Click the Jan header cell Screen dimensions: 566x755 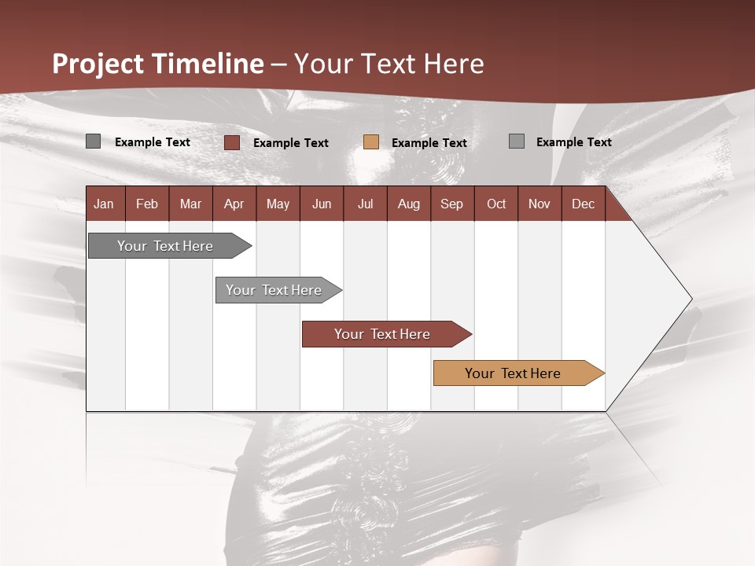pyautogui.click(x=105, y=204)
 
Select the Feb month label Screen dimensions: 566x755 pyautogui.click(x=147, y=204)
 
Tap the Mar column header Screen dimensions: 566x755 pyautogui.click(x=190, y=204)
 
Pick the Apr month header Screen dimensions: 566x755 pyautogui.click(x=234, y=204)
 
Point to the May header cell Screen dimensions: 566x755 pyautogui.click(x=278, y=204)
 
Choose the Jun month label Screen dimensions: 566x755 pyautogui.click(x=322, y=204)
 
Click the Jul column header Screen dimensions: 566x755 pyautogui.click(x=365, y=204)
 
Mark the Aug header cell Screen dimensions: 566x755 pyautogui.click(x=409, y=204)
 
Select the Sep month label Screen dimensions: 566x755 pyautogui.click(x=452, y=204)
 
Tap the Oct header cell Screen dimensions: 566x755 pyautogui.click(x=496, y=204)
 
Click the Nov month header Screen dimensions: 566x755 pyautogui.click(x=540, y=204)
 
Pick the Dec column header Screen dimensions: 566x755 pyautogui.click(x=584, y=204)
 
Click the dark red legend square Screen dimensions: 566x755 pyautogui.click(x=231, y=142)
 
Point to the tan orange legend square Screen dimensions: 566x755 pyautogui.click(x=371, y=142)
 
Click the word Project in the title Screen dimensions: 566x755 pyautogui.click(x=98, y=64)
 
